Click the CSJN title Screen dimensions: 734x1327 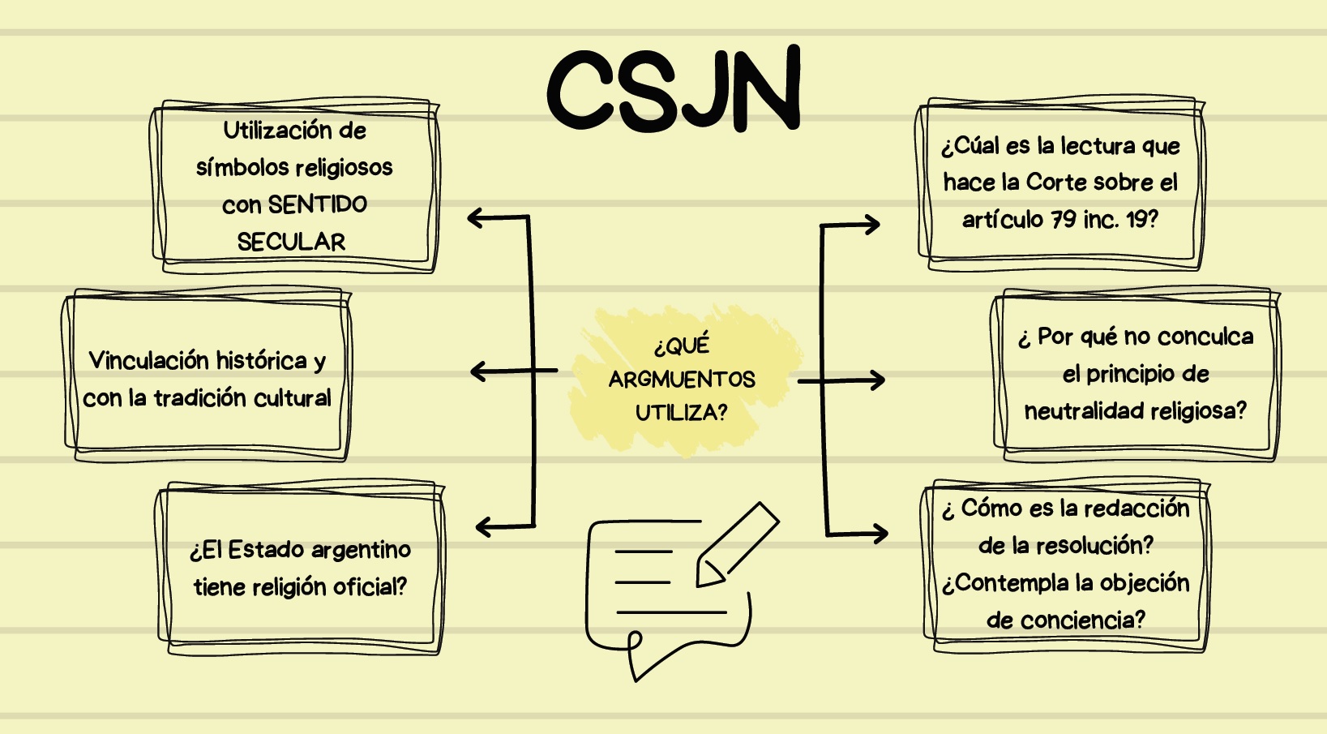click(x=674, y=89)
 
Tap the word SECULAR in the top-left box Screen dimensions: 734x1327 click(x=291, y=242)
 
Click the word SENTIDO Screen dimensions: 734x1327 click(x=318, y=204)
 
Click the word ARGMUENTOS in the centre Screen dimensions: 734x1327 click(x=682, y=380)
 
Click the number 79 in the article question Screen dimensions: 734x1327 click(x=1064, y=219)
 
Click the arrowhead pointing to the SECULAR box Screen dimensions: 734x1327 click(x=475, y=217)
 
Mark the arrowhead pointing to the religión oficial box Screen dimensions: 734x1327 click(x=483, y=527)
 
